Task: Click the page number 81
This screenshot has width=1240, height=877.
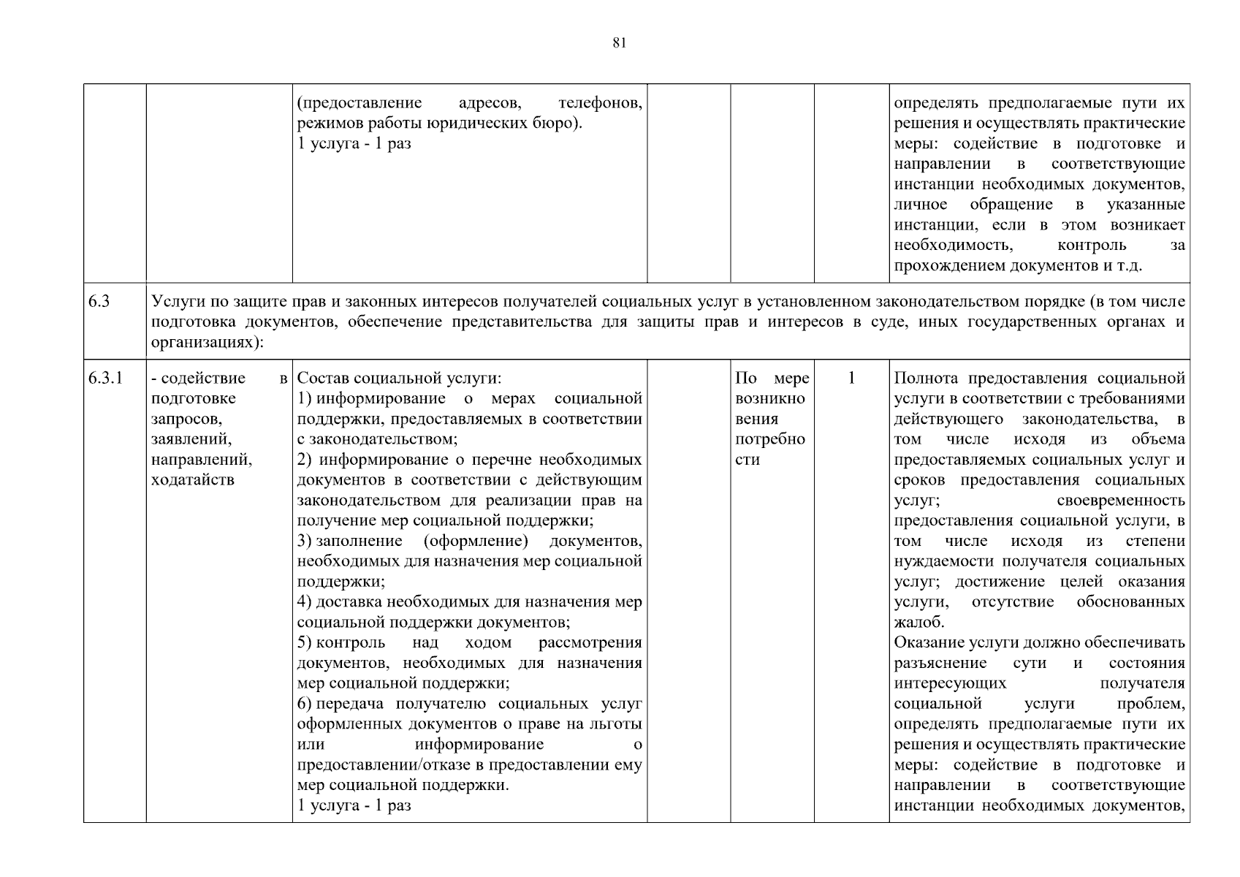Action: click(619, 43)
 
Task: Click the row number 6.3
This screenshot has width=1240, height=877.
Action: click(99, 302)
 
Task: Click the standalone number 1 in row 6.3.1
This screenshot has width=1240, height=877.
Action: click(851, 378)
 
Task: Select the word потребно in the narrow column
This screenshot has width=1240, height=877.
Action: click(770, 439)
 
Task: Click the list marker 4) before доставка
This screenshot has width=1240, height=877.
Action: click(305, 602)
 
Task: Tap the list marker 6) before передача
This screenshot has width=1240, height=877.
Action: click(305, 704)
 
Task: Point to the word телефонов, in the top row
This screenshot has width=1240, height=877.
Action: click(600, 103)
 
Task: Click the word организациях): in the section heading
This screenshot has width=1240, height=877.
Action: click(205, 343)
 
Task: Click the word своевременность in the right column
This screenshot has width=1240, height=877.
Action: click(1120, 501)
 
